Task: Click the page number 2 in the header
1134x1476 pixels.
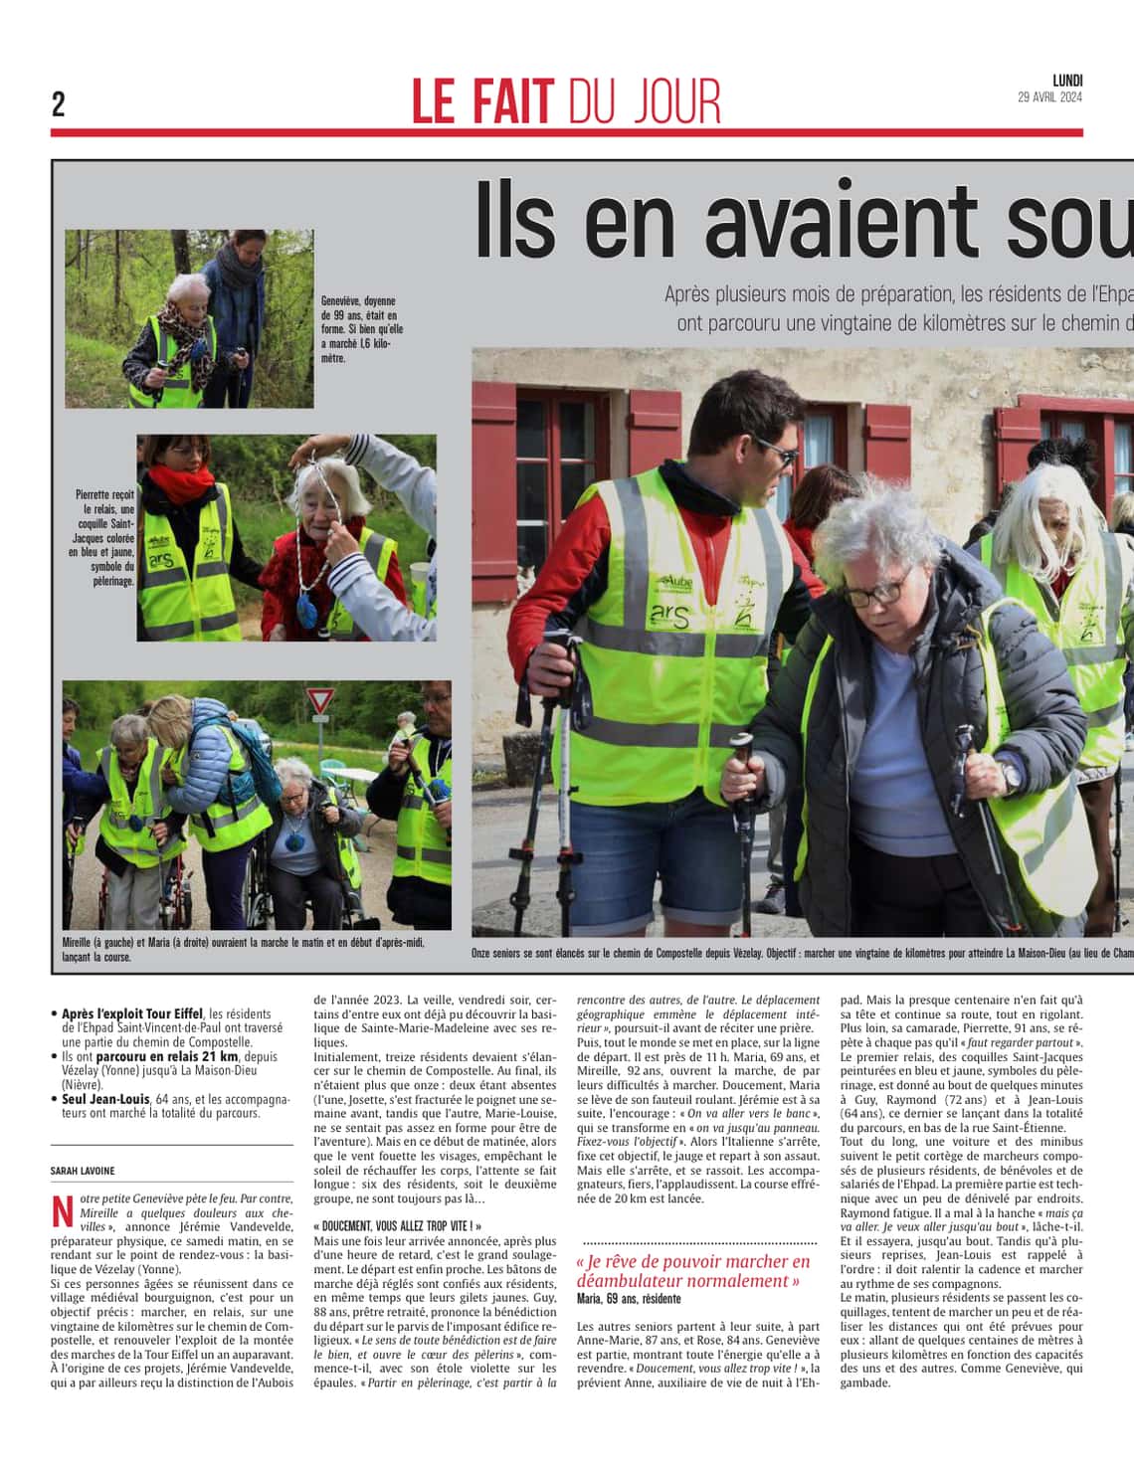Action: click(x=59, y=104)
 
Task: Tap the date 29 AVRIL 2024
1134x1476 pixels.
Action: click(x=1049, y=97)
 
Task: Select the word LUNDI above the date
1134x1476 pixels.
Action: click(x=1067, y=81)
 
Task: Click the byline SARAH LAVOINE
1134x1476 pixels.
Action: click(x=83, y=1171)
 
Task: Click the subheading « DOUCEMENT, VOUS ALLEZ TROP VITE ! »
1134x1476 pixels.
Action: click(x=397, y=1227)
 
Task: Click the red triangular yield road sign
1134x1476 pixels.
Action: click(x=319, y=700)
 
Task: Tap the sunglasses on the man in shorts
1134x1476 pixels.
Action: click(x=774, y=455)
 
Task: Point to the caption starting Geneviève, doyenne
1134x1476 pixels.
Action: click(x=361, y=328)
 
